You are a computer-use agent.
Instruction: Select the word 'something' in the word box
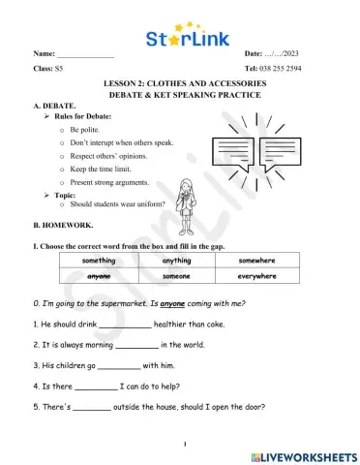coord(100,260)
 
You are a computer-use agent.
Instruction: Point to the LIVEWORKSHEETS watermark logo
coord(302,453)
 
